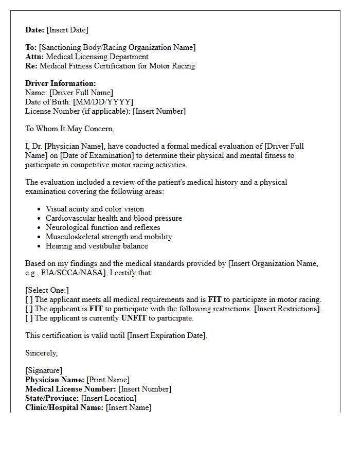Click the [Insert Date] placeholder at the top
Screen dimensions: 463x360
pos(68,30)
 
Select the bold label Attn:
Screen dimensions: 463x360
pos(34,57)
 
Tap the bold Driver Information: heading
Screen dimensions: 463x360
pos(61,83)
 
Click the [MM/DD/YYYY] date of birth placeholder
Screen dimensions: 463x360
pos(103,102)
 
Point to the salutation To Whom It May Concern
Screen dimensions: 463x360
pos(70,129)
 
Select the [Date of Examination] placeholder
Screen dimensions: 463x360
pos(93,155)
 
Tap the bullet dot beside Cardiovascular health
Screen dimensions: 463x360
pos(40,219)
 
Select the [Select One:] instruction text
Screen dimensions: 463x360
pos(47,290)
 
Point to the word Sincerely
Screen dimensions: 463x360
pos(42,353)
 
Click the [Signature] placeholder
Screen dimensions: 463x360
pos(44,370)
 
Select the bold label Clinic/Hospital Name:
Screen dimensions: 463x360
pos(64,407)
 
